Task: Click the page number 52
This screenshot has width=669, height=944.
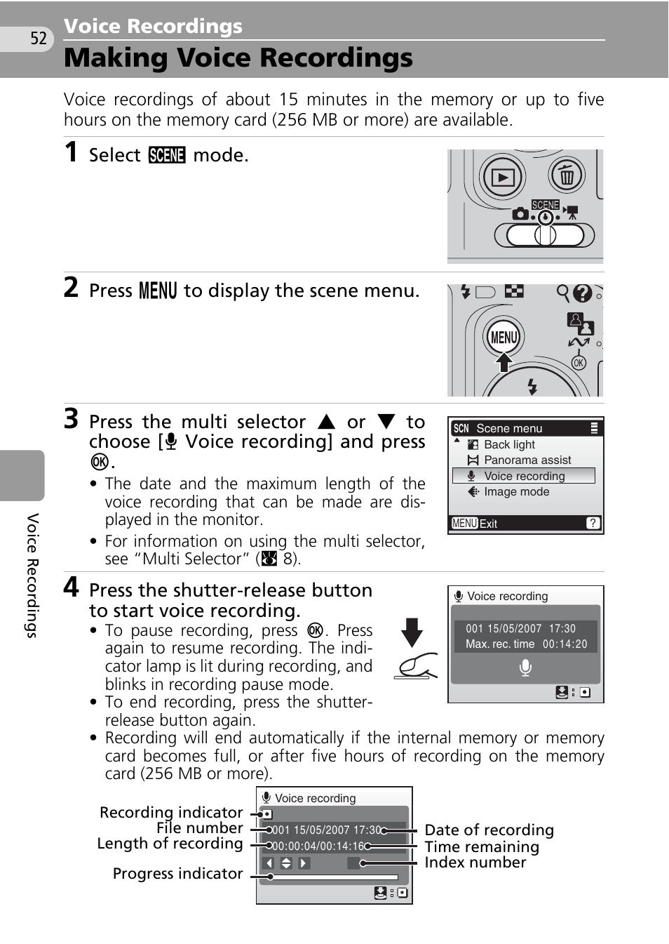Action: (x=39, y=39)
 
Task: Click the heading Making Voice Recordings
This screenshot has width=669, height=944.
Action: (x=238, y=58)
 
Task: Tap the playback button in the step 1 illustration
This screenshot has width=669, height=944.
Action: (x=503, y=178)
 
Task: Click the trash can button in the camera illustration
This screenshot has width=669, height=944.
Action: (x=567, y=176)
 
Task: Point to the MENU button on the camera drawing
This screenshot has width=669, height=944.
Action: (x=504, y=338)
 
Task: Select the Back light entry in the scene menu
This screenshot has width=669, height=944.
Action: (x=509, y=444)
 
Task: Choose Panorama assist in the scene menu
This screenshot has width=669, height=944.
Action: (x=527, y=460)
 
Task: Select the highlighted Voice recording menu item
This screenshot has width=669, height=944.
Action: (x=524, y=476)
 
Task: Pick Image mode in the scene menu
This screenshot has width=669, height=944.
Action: (x=516, y=491)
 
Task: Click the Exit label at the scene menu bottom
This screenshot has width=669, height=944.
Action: (x=488, y=524)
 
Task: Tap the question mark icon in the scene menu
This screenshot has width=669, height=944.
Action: (x=593, y=523)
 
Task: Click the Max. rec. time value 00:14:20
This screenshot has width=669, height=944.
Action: (x=565, y=644)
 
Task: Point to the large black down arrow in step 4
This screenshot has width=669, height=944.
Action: (x=412, y=632)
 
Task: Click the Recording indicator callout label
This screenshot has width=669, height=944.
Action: (x=171, y=812)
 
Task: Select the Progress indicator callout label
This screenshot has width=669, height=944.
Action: (x=177, y=873)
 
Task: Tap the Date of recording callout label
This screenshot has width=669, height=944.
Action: (x=489, y=830)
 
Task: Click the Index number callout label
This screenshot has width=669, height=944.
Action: (x=475, y=863)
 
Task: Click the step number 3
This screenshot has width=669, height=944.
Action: (x=71, y=419)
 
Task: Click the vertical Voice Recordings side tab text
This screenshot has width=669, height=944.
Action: (x=32, y=575)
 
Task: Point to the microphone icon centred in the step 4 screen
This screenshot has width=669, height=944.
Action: (x=525, y=667)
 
